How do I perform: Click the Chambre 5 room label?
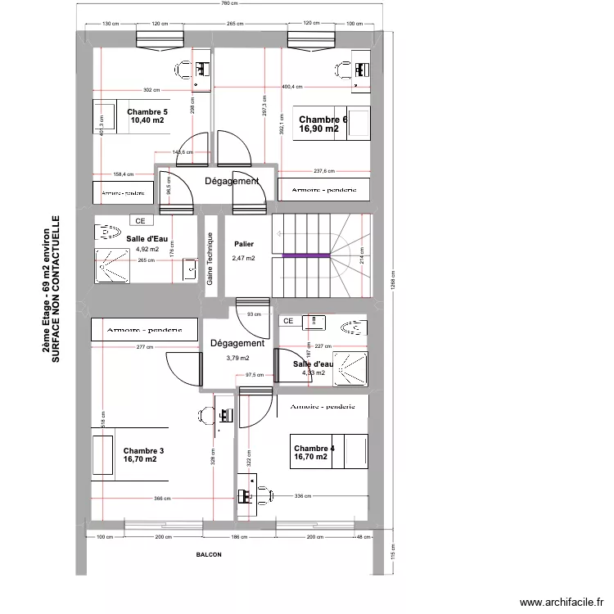(147, 111)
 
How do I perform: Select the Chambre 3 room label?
(143, 450)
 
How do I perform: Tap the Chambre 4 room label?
(314, 448)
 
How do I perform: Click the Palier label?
(243, 244)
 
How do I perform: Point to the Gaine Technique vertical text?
(210, 258)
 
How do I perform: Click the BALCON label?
(209, 554)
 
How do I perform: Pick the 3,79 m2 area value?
(237, 358)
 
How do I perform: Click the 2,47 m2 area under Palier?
(243, 258)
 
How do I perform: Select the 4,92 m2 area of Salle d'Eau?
(147, 250)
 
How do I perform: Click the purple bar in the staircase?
(306, 255)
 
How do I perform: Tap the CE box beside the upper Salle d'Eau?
(140, 220)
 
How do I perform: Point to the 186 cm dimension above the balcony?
(237, 536)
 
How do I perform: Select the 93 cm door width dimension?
(254, 314)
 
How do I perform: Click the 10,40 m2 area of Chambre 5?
(147, 121)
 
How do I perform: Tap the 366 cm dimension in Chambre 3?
(161, 498)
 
